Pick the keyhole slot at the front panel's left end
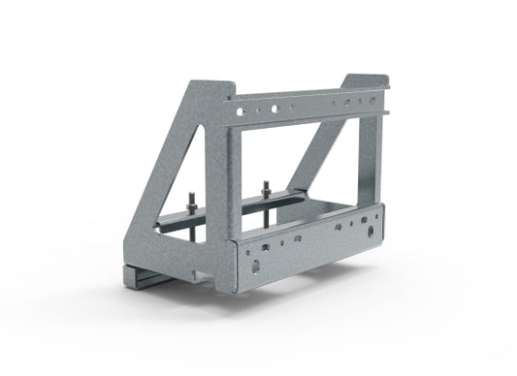click(x=254, y=263)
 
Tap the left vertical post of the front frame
click(x=232, y=174)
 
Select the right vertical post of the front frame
click(x=370, y=155)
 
